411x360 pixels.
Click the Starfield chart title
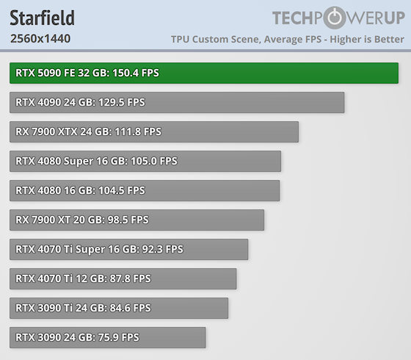click(43, 18)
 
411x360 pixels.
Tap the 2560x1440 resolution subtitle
click(40, 38)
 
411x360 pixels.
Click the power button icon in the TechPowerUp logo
click(335, 18)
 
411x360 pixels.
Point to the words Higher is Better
click(367, 40)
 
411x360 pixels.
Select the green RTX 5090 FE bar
click(204, 73)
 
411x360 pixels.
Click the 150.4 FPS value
click(136, 73)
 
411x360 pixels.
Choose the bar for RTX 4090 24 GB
click(177, 103)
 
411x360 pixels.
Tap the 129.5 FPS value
click(122, 102)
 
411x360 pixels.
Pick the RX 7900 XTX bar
click(154, 132)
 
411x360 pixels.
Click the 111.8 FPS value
click(138, 132)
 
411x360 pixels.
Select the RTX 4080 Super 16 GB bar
click(145, 162)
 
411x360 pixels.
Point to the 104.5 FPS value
click(122, 190)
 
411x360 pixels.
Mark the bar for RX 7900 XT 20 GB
click(137, 220)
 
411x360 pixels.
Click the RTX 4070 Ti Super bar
click(128, 250)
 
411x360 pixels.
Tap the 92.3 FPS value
click(162, 249)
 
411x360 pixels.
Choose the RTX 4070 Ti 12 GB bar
click(123, 279)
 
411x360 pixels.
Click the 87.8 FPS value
click(131, 278)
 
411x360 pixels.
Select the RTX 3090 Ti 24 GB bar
click(119, 309)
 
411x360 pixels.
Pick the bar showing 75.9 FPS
click(108, 338)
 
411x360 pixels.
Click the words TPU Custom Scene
click(216, 40)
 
